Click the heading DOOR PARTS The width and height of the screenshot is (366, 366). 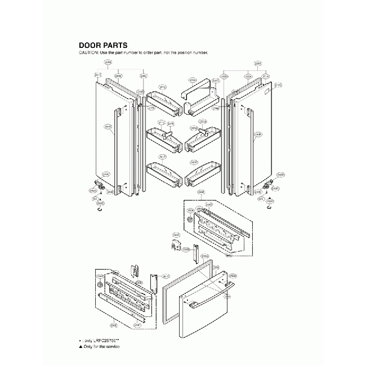pos(102,45)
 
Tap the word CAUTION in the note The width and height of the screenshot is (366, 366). pos(88,52)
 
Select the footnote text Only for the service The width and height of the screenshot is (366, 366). pos(102,347)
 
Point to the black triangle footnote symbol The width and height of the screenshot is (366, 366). pos(81,347)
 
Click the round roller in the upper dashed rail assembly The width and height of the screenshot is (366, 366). pos(190,220)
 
